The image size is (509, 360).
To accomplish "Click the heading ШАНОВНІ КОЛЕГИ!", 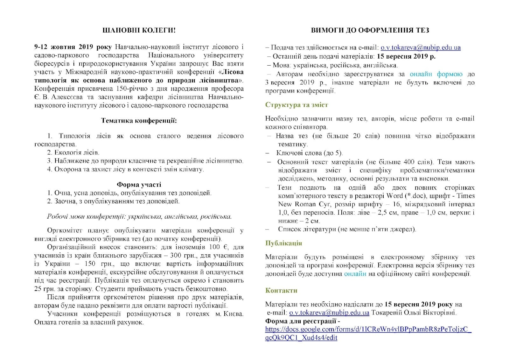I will pos(139,31).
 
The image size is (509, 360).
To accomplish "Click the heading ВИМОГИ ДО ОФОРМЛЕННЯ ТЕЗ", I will pos(370,31).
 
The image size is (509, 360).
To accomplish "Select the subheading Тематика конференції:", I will pos(139,121).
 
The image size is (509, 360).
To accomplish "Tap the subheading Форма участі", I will pos(139,185).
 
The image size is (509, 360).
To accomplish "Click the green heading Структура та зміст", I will pos(296,105).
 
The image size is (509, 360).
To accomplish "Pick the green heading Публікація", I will pos(283,243).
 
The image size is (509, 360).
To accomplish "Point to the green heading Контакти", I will pos(281,290).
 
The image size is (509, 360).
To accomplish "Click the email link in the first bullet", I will pos(421,48).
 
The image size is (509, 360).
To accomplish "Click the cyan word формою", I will pos(450,74).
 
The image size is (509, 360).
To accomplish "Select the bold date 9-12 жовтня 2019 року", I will pos(73,47).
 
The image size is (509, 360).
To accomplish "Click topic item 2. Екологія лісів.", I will pos(73,152).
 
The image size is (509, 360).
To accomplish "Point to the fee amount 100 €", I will pos(220,247).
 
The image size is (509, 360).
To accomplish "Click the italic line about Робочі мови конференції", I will pos(139,216).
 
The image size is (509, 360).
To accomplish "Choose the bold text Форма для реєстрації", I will pos(303,321).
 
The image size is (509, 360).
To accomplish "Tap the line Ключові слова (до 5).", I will pos(309,153).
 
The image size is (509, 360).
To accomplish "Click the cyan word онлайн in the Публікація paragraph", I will pos(355,274).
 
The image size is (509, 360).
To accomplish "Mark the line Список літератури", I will pos(347,229).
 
